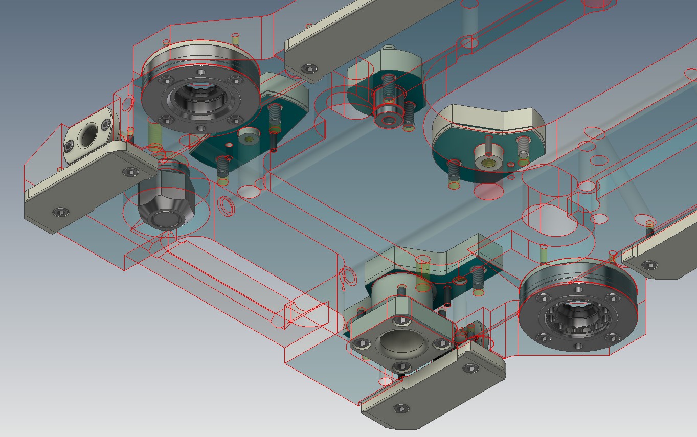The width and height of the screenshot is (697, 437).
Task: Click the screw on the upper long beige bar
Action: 308,68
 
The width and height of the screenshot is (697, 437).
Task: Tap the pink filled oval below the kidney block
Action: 488,191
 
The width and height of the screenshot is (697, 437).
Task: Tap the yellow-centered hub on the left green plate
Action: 250,139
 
